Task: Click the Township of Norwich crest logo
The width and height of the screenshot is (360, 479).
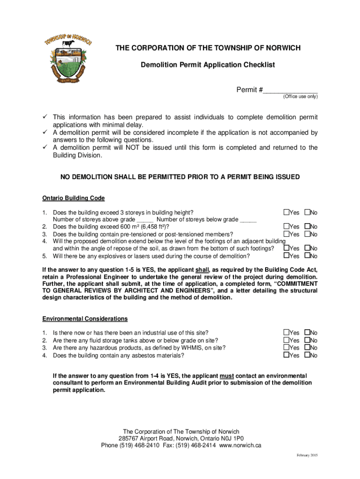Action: [68, 58]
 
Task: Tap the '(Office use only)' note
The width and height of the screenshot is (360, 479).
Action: [299, 97]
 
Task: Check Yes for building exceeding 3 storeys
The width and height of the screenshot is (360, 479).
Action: [286, 213]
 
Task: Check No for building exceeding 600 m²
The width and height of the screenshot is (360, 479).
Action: [308, 227]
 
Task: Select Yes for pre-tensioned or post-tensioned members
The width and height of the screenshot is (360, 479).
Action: [286, 234]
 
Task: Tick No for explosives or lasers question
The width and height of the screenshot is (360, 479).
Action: [308, 256]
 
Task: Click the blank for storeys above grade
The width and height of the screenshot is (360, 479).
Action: [144, 220]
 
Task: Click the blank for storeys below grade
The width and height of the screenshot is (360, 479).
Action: [248, 220]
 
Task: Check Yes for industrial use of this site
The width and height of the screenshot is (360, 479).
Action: [286, 333]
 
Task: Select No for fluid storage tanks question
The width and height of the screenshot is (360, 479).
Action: [308, 340]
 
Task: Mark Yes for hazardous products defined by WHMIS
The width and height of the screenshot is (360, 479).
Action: [286, 348]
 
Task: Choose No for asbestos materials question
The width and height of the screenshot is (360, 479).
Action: [308, 355]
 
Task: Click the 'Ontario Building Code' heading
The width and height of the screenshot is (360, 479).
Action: [74, 198]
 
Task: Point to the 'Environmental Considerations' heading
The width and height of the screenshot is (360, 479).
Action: [85, 319]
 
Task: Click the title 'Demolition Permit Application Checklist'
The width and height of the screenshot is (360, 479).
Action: [208, 65]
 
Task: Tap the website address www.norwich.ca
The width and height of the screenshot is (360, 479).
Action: [240, 445]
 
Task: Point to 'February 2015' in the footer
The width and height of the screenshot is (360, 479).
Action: [307, 456]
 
